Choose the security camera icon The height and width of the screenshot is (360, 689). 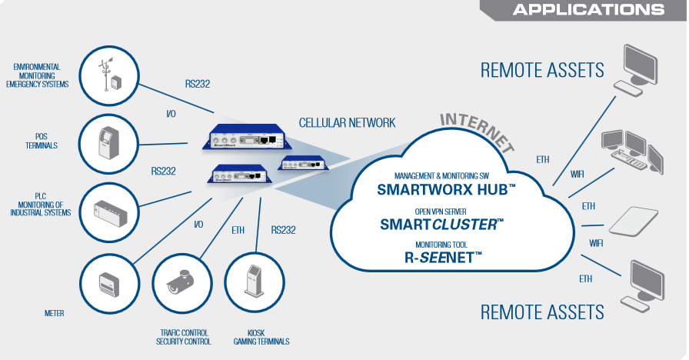181,283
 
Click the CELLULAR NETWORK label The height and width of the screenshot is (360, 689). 347,122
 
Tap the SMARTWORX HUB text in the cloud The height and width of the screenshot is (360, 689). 442,188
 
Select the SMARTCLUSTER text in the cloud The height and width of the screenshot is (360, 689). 442,224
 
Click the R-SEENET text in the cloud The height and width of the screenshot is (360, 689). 442,258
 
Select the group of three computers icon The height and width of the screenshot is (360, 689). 631,151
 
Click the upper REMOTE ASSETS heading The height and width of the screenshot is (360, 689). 542,70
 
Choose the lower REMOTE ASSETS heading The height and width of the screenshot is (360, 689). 542,312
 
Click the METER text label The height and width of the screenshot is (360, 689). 55,313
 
